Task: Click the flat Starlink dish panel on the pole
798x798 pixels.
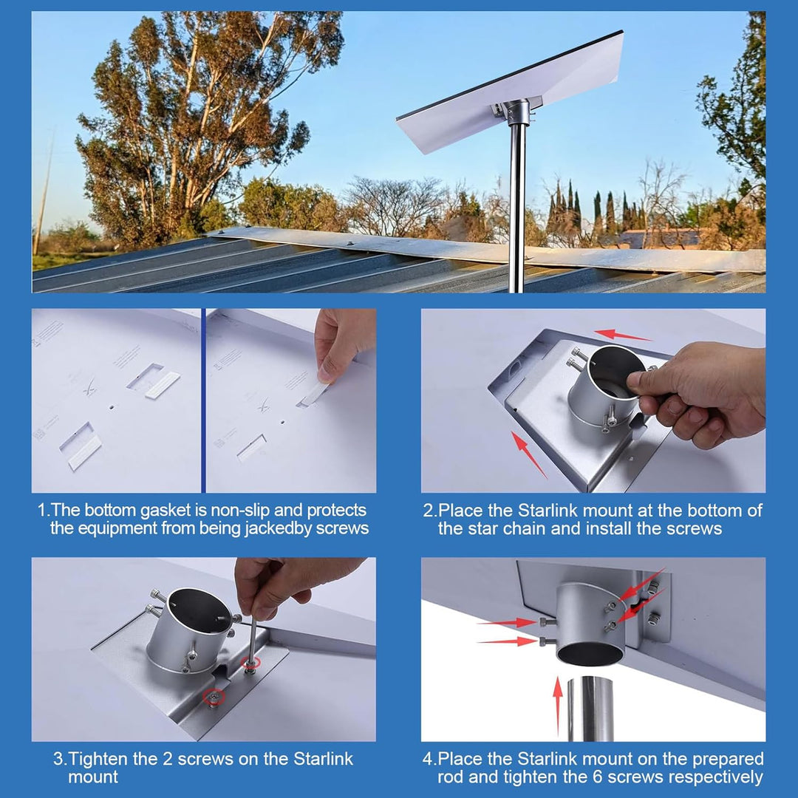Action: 509,92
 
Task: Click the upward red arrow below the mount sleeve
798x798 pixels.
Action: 559,706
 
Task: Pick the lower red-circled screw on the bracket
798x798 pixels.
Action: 214,697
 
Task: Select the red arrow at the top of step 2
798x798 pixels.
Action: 622,335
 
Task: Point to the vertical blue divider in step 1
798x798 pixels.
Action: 204,400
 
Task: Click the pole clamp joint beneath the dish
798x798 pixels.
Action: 517,112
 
